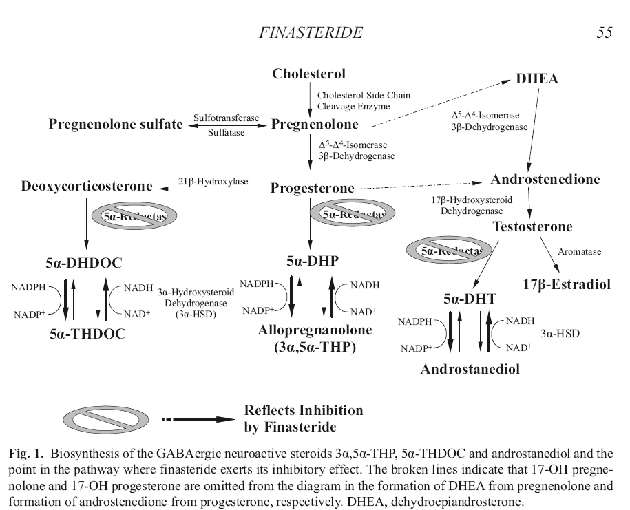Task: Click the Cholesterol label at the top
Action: pos(308,74)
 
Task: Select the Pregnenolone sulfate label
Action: pos(116,125)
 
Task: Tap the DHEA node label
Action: pos(537,78)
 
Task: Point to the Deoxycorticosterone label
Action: pos(87,187)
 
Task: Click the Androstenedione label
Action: pos(545,180)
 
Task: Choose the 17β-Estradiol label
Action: pos(567,284)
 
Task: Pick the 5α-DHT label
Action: pos(471,299)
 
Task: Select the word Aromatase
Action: pos(579,252)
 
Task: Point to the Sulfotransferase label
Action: pos(227,118)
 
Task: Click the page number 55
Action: pos(604,33)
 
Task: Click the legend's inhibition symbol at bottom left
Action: pos(103,419)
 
